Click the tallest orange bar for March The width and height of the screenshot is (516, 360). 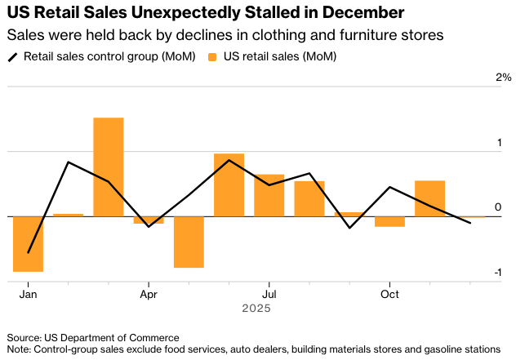[x=109, y=167]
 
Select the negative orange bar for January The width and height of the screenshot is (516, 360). [x=28, y=243]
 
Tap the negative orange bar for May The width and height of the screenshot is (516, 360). [x=189, y=242]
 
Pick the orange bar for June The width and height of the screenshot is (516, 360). [x=229, y=184]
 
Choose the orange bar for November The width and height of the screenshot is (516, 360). [x=429, y=198]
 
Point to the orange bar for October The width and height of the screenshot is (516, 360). [x=389, y=221]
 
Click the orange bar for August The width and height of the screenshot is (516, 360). [x=309, y=198]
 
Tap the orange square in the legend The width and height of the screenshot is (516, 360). [x=214, y=57]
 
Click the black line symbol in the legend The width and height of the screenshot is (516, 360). [x=13, y=57]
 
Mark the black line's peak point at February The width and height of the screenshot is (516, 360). [x=68, y=162]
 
